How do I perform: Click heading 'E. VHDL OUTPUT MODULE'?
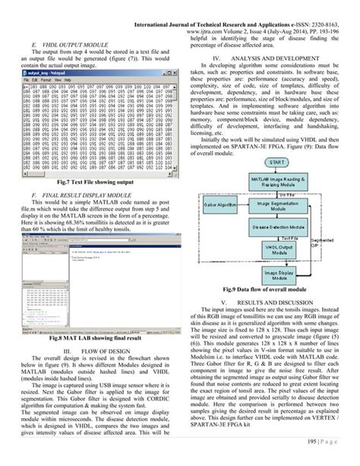(69, 46)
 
